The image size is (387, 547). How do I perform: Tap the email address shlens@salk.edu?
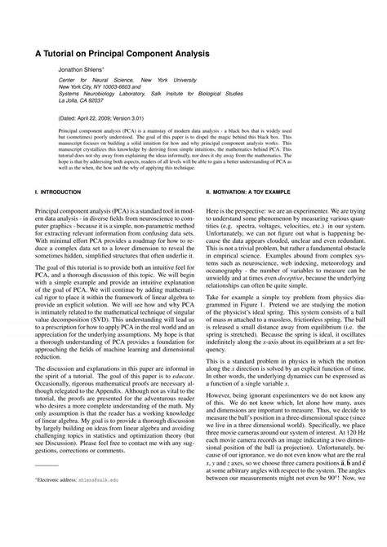click(x=99, y=528)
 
